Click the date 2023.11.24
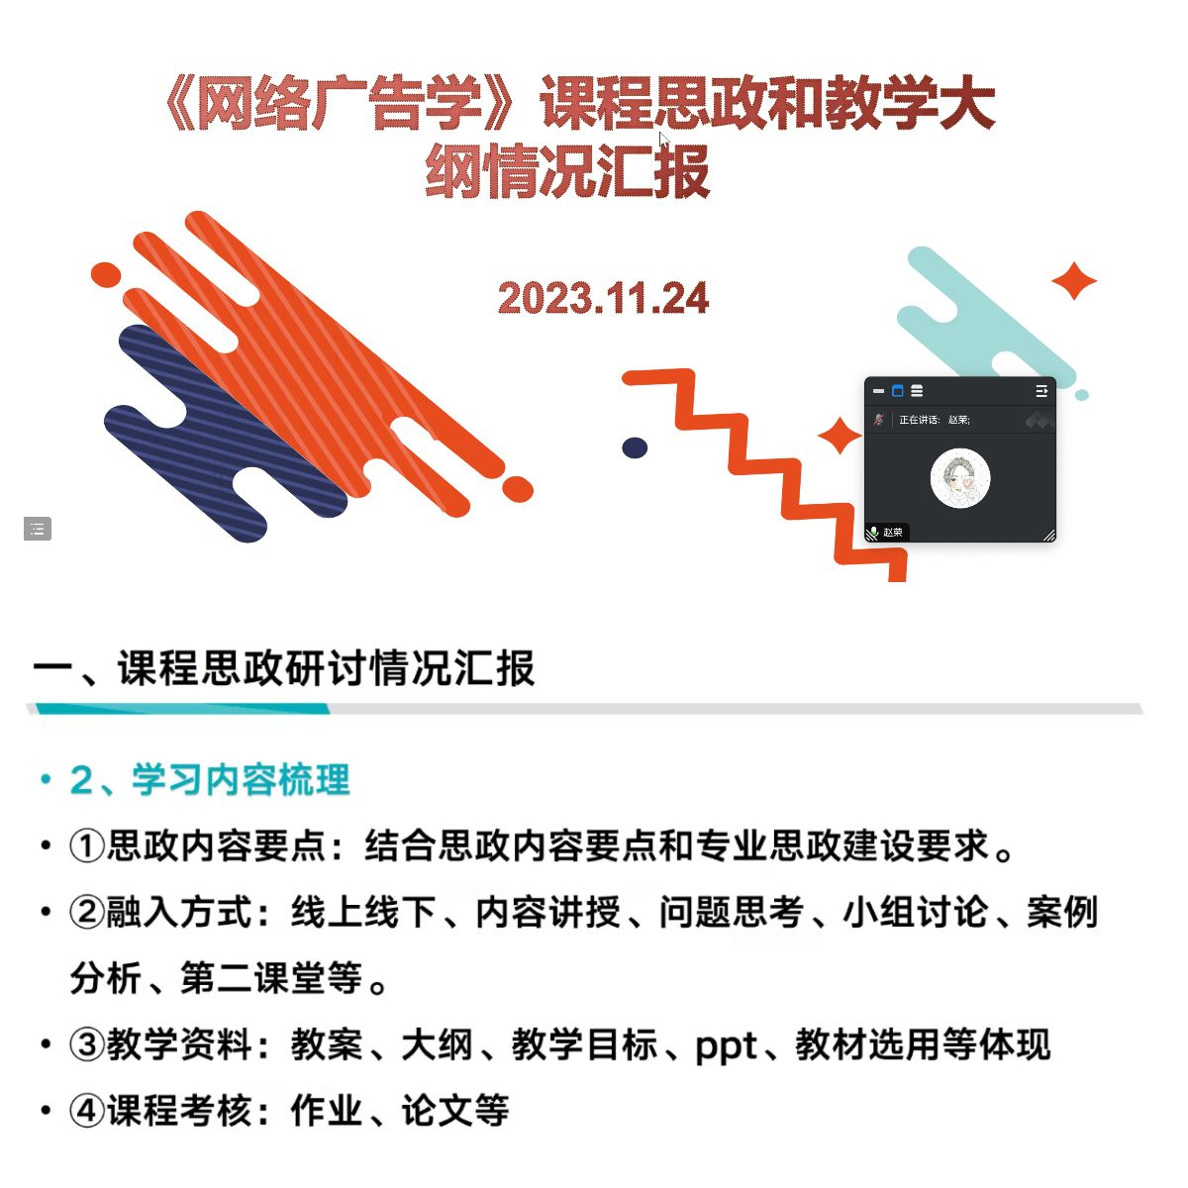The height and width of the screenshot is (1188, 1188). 602,298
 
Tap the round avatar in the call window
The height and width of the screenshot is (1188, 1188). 959,478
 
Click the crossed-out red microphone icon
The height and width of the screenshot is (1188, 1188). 878,419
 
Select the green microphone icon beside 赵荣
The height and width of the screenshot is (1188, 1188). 873,532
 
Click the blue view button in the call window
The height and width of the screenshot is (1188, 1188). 897,390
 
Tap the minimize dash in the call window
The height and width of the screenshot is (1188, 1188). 878,391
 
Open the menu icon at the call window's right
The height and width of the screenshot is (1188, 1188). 1040,391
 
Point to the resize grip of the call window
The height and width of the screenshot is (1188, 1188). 1048,535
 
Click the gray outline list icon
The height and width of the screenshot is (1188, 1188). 37,529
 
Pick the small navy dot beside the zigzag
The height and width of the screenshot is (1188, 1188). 635,447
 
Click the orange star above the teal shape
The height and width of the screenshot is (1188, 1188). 1073,280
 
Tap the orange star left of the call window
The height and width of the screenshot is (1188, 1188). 840,436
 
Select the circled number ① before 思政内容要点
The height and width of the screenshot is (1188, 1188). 86,845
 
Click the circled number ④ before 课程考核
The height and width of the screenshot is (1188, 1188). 86,1111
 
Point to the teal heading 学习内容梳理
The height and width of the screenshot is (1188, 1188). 241,779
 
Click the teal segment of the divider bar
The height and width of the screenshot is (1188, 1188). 182,708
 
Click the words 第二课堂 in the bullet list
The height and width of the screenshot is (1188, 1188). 252,978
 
